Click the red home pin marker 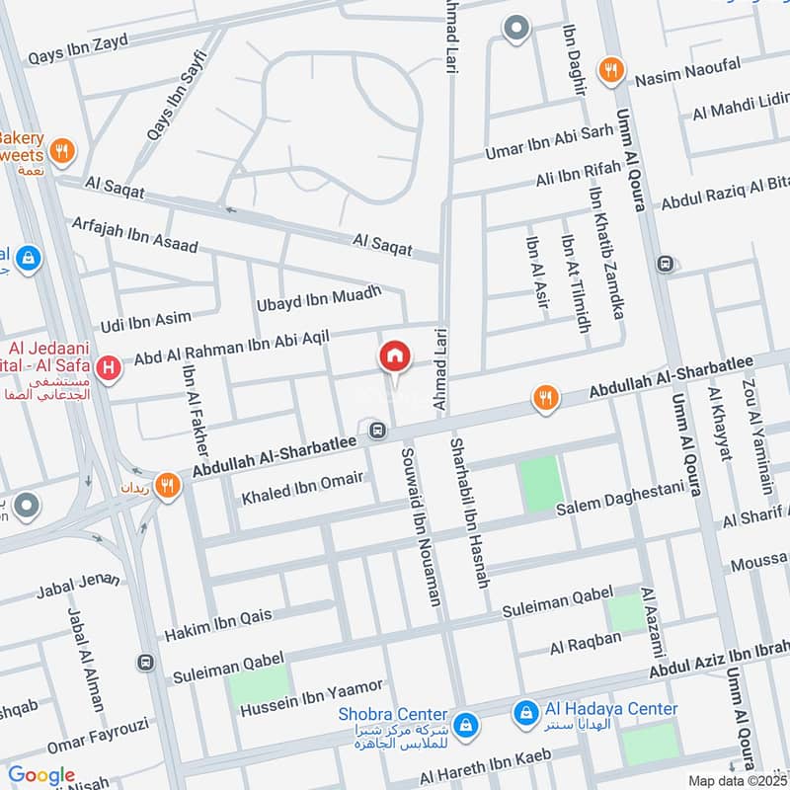coord(394,357)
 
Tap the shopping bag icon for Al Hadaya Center coord(525,710)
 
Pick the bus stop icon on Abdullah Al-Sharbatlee coord(376,430)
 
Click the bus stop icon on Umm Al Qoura coord(666,264)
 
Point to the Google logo coord(41,775)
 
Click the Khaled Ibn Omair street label coord(303,488)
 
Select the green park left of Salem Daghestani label coord(542,485)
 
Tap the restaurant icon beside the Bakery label coord(62,151)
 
